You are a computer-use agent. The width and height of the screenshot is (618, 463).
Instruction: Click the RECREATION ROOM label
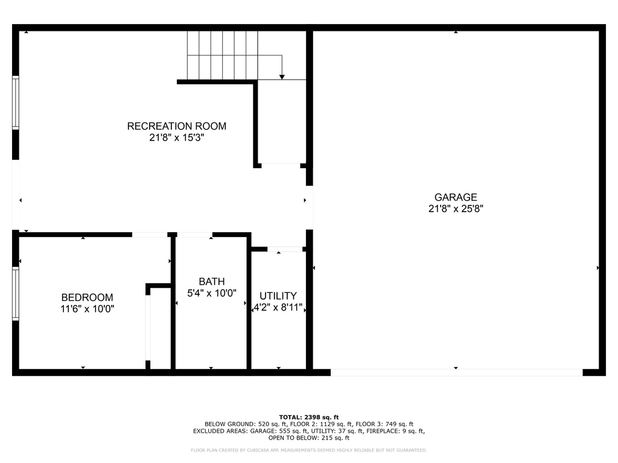click(177, 126)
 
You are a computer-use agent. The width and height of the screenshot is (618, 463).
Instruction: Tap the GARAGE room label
click(456, 197)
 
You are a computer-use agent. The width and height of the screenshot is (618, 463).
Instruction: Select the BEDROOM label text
click(87, 297)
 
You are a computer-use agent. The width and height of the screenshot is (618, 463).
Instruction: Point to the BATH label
click(212, 282)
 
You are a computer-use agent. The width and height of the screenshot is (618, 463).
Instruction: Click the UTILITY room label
click(278, 295)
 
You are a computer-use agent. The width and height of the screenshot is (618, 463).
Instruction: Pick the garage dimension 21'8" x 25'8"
click(456, 209)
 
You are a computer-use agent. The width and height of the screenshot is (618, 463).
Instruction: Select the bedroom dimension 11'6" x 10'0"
click(87, 309)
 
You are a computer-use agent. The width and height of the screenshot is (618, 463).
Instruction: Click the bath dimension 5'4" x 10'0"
click(212, 293)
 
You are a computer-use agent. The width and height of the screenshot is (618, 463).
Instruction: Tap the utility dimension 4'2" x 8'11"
click(278, 307)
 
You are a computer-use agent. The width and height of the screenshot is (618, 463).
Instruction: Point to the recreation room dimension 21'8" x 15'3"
click(177, 137)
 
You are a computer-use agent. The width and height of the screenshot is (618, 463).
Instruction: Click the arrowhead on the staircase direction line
click(282, 77)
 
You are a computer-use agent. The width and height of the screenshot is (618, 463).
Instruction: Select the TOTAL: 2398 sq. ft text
click(308, 417)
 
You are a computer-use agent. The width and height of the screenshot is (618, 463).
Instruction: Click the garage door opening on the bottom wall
click(456, 373)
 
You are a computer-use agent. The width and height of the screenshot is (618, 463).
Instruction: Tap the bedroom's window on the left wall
click(16, 294)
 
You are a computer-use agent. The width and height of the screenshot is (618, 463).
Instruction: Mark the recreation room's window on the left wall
click(16, 102)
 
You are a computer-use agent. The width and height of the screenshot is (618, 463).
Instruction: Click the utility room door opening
click(285, 249)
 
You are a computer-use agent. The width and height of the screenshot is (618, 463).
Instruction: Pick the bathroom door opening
click(195, 235)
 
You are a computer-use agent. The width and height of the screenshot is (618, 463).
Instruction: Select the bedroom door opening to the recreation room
click(150, 235)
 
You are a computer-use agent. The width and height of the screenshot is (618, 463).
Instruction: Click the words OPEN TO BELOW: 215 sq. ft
click(308, 438)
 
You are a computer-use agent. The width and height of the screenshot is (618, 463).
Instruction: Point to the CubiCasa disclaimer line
click(308, 450)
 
